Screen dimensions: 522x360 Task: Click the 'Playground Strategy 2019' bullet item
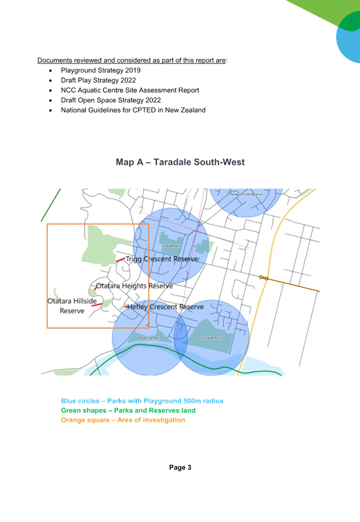(100, 70)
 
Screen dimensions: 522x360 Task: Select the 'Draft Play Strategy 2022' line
(98, 80)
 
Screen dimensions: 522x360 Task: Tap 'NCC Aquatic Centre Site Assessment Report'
(130, 90)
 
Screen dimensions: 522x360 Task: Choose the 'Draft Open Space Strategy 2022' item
(111, 100)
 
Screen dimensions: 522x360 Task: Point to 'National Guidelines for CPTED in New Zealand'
(133, 110)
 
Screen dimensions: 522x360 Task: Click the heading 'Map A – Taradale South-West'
(180, 162)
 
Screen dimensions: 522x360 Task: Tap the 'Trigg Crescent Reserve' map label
(161, 259)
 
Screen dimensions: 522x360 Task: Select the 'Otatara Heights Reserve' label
(134, 286)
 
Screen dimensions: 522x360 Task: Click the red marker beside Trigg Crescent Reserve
(120, 260)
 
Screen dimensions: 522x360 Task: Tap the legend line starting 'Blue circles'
(142, 401)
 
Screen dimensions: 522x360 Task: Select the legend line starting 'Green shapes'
(128, 410)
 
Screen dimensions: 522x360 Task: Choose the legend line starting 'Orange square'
(123, 420)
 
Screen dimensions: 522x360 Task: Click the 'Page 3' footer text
(180, 467)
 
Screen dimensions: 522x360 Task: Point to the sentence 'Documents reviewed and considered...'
(132, 60)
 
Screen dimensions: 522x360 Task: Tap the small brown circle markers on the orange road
(264, 278)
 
